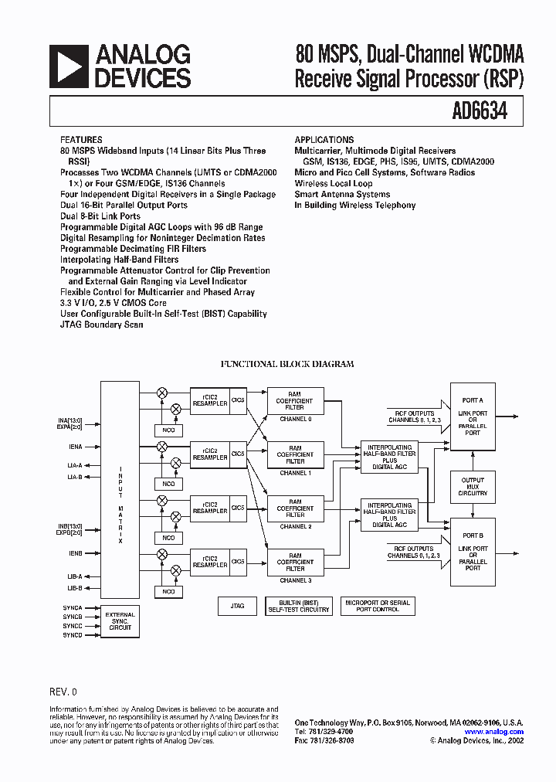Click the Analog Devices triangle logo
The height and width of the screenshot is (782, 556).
click(67, 66)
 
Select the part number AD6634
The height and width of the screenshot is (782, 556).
click(480, 111)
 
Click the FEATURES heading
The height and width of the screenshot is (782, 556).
click(80, 140)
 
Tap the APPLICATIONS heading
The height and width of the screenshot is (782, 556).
click(324, 140)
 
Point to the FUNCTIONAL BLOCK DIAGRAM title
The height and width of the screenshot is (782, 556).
click(287, 363)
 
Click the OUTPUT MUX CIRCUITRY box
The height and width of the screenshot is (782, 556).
click(473, 486)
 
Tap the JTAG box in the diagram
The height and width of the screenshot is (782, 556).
click(237, 607)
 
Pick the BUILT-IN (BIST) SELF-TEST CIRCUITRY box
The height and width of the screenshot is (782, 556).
click(299, 606)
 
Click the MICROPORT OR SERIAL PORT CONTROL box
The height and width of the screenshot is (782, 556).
click(378, 606)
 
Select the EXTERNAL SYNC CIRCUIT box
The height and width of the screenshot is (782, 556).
click(120, 620)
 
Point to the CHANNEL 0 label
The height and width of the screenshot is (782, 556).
click(295, 418)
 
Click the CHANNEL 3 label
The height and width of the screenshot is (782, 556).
click(295, 580)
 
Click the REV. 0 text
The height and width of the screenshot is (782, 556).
click(63, 692)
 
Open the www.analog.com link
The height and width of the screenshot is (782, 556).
click(494, 732)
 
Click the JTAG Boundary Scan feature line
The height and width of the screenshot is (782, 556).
click(101, 325)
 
